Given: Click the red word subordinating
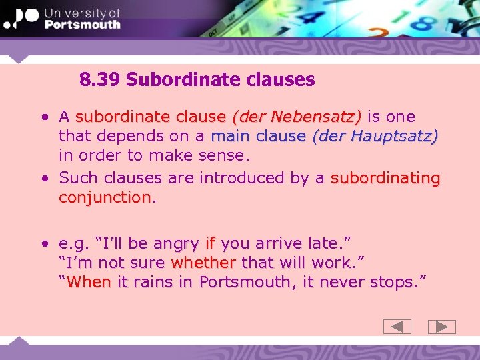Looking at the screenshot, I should pyautogui.click(x=385, y=178).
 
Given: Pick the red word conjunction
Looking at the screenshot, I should pyautogui.click(x=105, y=198).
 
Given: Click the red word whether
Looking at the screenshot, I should pyautogui.click(x=203, y=263).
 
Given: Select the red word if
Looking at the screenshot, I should pyautogui.click(x=211, y=243).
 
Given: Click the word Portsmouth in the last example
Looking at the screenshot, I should pyautogui.click(x=244, y=282).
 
